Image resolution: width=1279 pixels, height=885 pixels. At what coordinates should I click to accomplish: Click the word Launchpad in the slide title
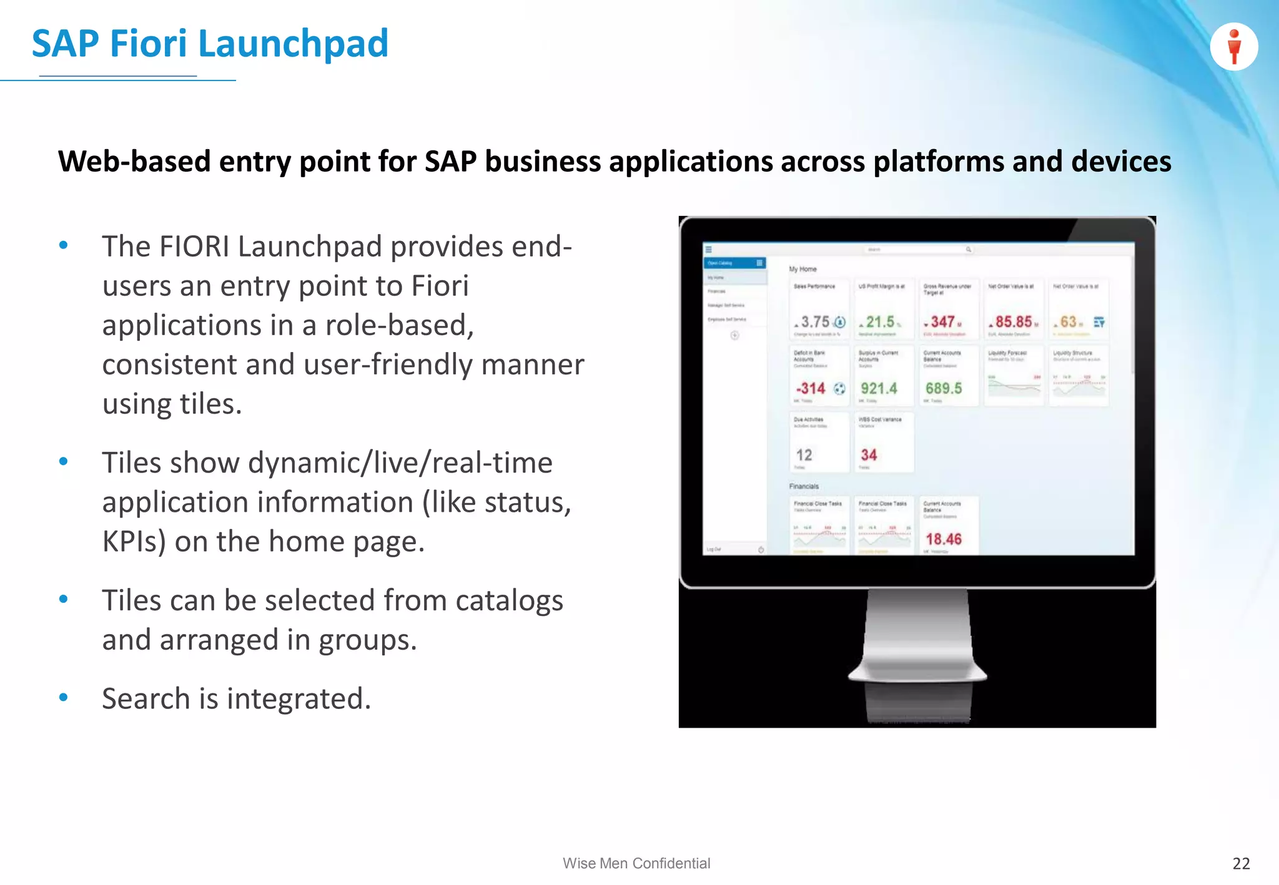pos(294,44)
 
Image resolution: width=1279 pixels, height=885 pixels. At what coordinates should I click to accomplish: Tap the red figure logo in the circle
pos(1233,47)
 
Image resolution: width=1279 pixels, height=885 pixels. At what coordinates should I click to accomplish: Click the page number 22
pos(1241,863)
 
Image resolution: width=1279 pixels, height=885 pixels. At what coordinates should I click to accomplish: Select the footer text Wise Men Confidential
pos(636,863)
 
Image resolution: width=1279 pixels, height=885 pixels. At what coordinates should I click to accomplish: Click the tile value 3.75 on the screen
pos(815,322)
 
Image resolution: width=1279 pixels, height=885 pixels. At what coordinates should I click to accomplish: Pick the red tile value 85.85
pos(1013,322)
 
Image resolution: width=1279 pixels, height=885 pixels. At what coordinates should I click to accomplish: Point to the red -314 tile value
pos(811,388)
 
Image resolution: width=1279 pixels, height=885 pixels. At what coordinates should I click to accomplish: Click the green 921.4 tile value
pos(879,388)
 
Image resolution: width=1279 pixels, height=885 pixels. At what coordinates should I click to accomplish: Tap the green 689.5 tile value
pos(944,388)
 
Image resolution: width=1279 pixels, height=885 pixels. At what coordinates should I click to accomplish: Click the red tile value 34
pos(869,455)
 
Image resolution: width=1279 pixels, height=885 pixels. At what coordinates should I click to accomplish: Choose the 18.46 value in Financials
pos(943,539)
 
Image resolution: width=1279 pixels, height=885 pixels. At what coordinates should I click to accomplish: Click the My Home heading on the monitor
pos(802,269)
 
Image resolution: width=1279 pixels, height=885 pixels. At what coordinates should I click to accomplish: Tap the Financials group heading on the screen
pos(804,486)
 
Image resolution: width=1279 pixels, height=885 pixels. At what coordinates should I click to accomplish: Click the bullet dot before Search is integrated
pos(63,698)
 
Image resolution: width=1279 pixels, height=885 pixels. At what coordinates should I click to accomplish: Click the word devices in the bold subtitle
pos(1121,162)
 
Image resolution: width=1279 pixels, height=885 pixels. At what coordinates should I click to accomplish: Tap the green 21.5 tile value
pos(880,322)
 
